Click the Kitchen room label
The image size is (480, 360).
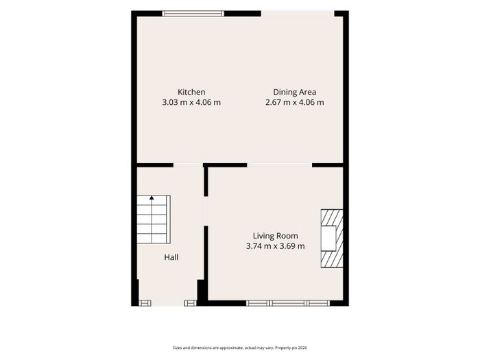(x=191, y=92)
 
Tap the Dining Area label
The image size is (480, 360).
(x=294, y=92)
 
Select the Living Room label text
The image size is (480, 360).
(x=275, y=236)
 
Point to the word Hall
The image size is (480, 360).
(x=171, y=257)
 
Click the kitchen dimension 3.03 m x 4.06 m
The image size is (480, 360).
(x=191, y=103)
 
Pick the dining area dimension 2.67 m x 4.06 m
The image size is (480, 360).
(x=294, y=103)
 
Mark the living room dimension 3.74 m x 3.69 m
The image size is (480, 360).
(x=275, y=246)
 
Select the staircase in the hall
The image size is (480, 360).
(x=154, y=219)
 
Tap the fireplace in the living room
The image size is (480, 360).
(x=332, y=239)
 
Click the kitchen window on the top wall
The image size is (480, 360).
(x=193, y=14)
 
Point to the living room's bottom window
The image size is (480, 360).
(x=288, y=303)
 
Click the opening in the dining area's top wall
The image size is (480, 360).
(x=298, y=14)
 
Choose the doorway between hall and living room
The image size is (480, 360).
(x=206, y=211)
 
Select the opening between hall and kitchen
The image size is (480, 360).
(x=189, y=165)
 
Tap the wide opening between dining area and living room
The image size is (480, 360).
(x=280, y=165)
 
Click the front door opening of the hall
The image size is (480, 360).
(x=168, y=303)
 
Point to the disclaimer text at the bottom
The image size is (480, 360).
(x=240, y=348)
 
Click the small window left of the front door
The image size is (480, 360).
(x=145, y=303)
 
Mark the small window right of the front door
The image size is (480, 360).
(x=191, y=303)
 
